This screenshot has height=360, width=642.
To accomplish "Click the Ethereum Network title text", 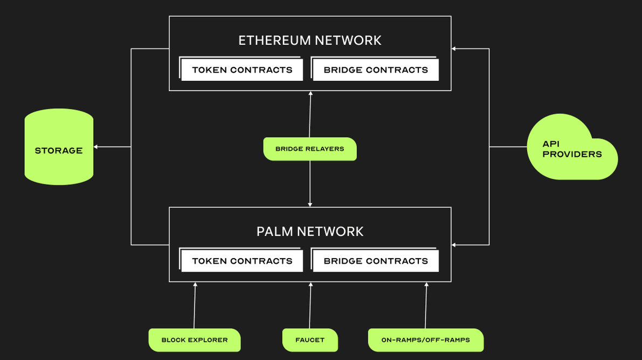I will coord(310,40).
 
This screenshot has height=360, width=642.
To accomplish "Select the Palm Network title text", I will coord(310,231).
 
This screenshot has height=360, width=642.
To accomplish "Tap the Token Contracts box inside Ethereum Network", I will coord(242,70).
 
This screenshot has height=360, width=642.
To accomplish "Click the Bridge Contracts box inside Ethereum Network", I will coord(376,70).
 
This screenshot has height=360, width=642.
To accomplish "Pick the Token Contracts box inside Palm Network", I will coord(242,261).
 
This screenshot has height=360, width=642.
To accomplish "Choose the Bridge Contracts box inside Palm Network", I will coord(376,261).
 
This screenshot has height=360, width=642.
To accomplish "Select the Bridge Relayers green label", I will coord(309,149).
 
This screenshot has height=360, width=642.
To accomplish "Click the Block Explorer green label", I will coord(195,340).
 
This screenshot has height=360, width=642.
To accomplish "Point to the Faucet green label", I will coord(310,340).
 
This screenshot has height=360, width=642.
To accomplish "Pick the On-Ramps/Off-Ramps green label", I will coord(425,340).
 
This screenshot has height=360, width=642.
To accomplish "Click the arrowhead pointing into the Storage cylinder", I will coord(96,147).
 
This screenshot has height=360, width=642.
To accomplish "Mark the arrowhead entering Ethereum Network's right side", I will coord(454,49).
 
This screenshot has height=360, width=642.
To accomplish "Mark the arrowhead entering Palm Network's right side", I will coord(454,245).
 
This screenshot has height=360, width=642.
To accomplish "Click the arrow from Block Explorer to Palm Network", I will coord(195,306).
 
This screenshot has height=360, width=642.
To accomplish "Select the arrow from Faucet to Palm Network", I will coord(310,306).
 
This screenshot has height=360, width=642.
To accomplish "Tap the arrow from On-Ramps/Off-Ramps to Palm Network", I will coord(426,306).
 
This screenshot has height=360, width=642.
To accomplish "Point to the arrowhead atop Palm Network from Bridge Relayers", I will coord(310,204).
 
